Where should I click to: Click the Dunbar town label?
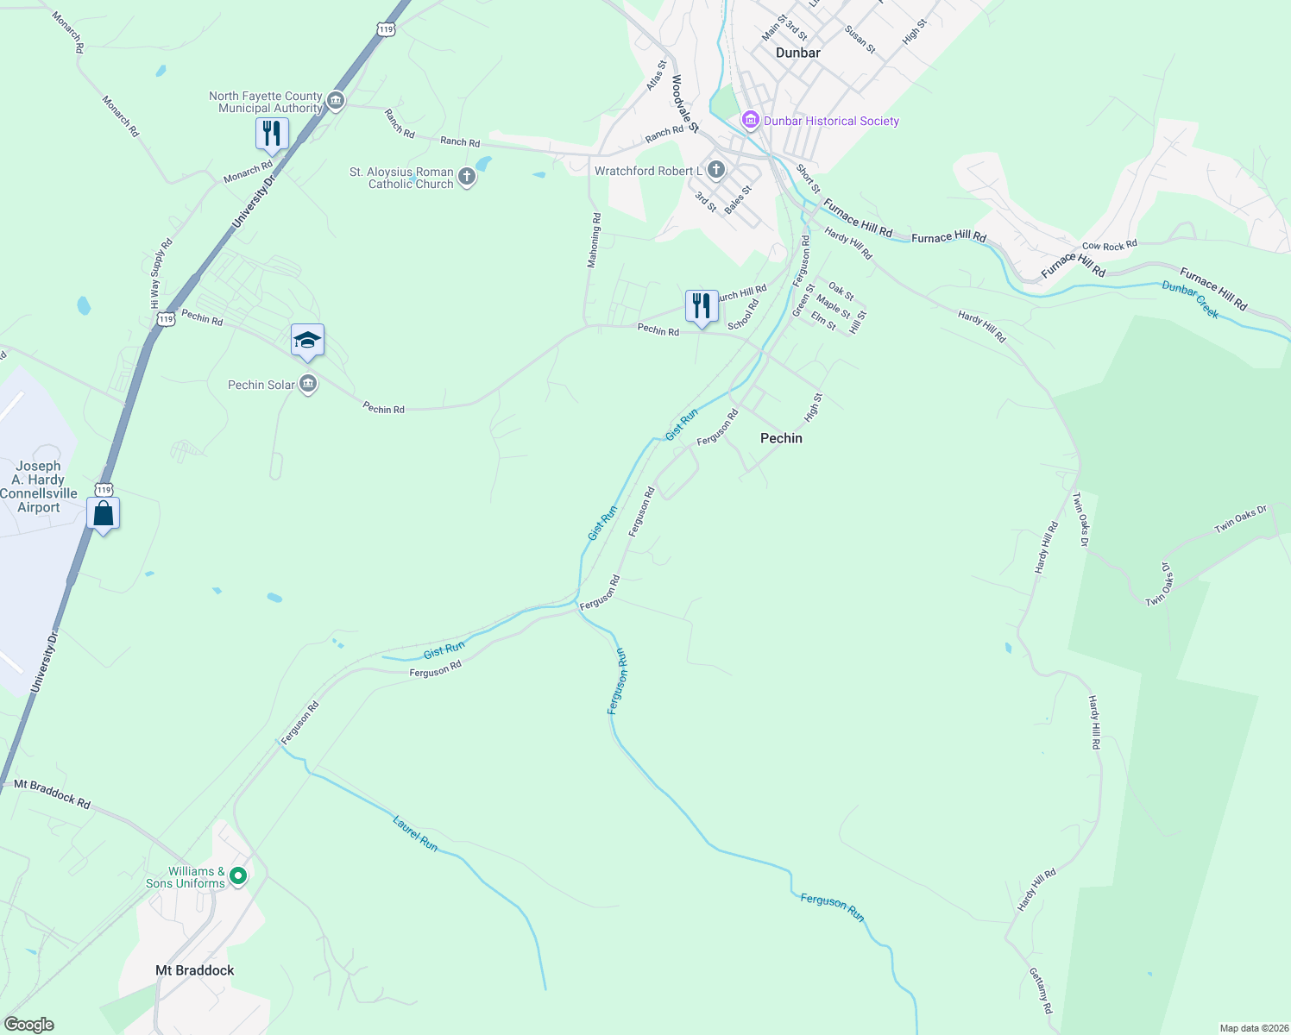pyautogui.click(x=797, y=53)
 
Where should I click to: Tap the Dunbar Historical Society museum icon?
pyautogui.click(x=750, y=120)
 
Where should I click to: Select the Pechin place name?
pyautogui.click(x=781, y=438)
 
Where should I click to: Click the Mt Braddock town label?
pyautogui.click(x=195, y=970)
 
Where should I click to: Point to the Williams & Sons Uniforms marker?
pyautogui.click(x=239, y=876)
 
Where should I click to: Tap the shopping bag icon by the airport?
pyautogui.click(x=104, y=513)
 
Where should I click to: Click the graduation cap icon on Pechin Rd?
pyautogui.click(x=307, y=341)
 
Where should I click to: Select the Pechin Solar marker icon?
pyautogui.click(x=308, y=385)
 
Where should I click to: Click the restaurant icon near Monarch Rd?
pyautogui.click(x=272, y=134)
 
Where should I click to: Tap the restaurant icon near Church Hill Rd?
pyautogui.click(x=702, y=306)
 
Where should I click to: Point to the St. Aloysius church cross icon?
pyautogui.click(x=466, y=178)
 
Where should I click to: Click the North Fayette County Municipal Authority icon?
pyautogui.click(x=336, y=102)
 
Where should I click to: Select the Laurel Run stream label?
pyautogui.click(x=415, y=834)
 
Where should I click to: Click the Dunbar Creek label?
pyautogui.click(x=1190, y=299)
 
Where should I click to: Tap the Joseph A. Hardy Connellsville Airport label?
pyautogui.click(x=39, y=486)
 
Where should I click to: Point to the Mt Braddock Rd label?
pyautogui.click(x=53, y=793)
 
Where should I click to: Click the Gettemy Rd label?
pyautogui.click(x=1041, y=990)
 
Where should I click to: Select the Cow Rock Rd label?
pyautogui.click(x=1110, y=246)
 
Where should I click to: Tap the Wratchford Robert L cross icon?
pyautogui.click(x=715, y=170)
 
